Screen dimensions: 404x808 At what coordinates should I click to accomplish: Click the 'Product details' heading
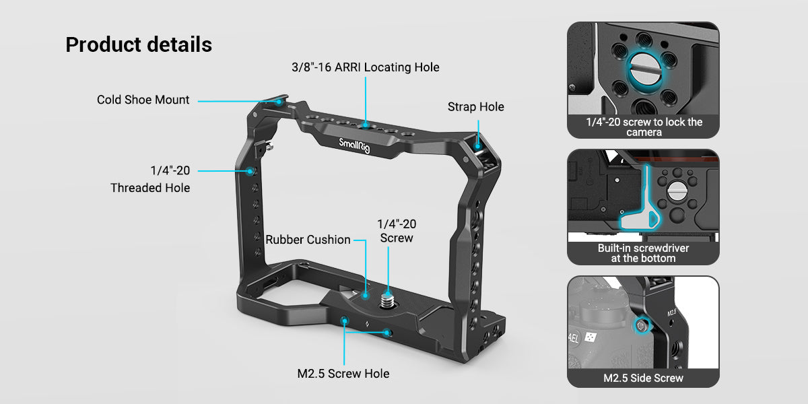(139, 44)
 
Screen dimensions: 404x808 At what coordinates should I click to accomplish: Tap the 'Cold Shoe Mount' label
(143, 100)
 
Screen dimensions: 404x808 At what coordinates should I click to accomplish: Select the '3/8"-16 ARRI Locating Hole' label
(365, 67)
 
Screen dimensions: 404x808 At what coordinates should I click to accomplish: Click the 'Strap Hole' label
(475, 106)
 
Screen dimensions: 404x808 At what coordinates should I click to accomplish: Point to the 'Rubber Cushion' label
(308, 240)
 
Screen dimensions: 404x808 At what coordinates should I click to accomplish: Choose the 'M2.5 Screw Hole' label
(343, 373)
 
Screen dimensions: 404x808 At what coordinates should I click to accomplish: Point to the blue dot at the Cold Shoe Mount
(279, 102)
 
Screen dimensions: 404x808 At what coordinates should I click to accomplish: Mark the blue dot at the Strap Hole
(478, 143)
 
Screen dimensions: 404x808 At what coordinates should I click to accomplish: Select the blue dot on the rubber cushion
(365, 294)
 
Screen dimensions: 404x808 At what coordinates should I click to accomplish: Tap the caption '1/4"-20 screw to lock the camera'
(643, 127)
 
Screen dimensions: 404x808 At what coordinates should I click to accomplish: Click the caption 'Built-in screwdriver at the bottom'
(643, 253)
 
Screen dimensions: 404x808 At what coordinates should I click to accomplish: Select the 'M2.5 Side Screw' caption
(643, 378)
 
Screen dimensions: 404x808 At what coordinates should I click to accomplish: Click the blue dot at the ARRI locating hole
(364, 125)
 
